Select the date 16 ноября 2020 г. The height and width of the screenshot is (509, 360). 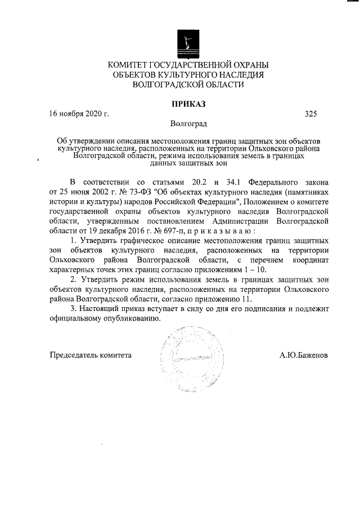[79, 114]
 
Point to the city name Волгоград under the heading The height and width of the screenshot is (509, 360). [188, 124]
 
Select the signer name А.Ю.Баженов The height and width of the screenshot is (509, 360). [304, 355]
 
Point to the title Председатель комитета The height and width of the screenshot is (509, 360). [91, 355]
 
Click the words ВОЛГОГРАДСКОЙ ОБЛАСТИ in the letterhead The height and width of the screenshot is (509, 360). [188, 84]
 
